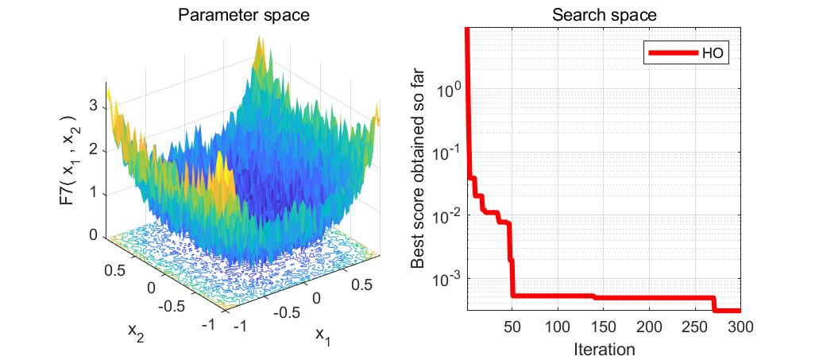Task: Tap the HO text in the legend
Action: (711, 54)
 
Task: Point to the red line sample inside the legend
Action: (673, 54)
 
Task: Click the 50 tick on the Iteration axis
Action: (512, 327)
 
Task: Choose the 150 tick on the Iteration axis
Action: (604, 327)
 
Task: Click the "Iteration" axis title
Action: (604, 348)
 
